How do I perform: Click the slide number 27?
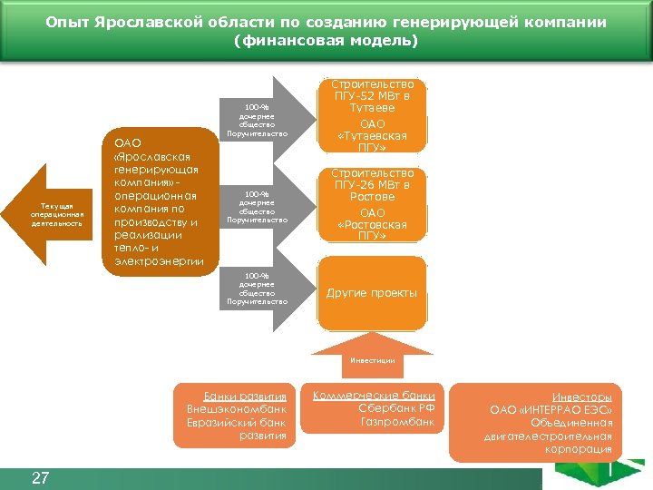coord(40,478)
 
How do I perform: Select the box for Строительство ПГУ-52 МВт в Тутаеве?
coord(372,115)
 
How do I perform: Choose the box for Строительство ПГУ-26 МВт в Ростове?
coord(372,204)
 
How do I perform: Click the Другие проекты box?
coord(372,293)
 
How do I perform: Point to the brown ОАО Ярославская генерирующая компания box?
coord(156,199)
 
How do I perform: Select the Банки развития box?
coord(237,416)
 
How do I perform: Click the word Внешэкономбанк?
coord(237,409)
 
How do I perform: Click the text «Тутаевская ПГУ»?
coord(372,142)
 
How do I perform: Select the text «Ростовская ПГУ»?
coord(372,230)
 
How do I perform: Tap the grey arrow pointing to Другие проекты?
coord(267,289)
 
